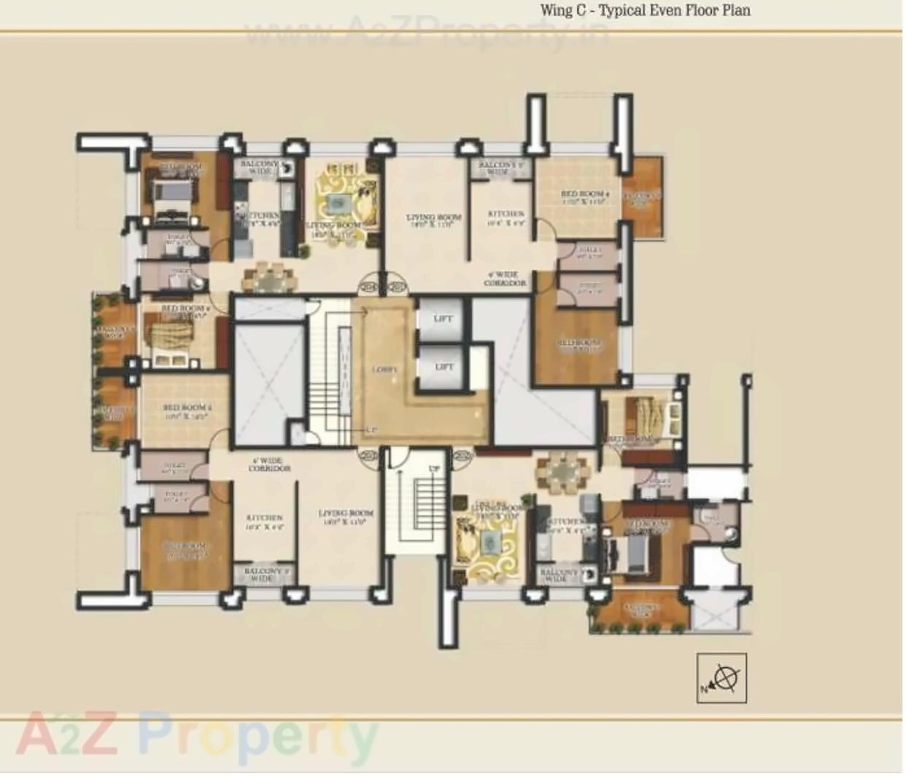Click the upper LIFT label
[442, 319]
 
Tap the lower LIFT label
[444, 367]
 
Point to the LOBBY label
[384, 370]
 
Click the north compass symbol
[721, 679]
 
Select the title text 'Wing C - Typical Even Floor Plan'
[645, 10]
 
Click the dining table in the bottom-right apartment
[562, 473]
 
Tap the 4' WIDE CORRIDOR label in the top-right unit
[505, 279]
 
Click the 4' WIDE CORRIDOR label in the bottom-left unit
[268, 465]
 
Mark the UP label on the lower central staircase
[435, 468]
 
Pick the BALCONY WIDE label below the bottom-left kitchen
[261, 575]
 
